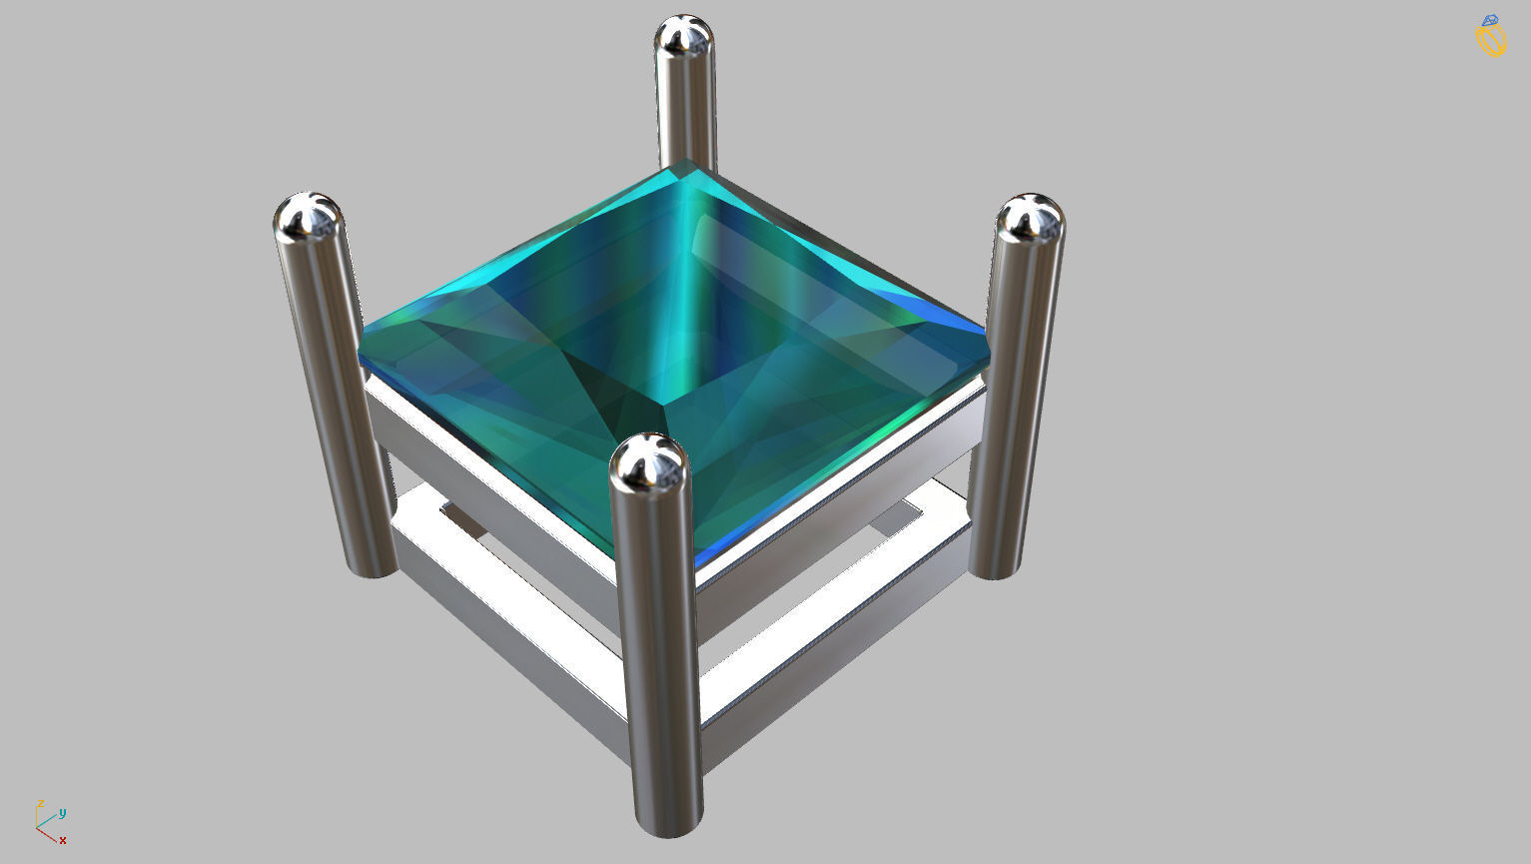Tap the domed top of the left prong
pos(309,217)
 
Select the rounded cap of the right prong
pos(1030,218)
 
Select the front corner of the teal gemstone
pos(696,563)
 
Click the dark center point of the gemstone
pos(663,405)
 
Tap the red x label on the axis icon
pos(62,840)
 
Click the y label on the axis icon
pos(62,812)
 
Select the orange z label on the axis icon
pos(40,803)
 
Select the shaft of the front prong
pos(656,649)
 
